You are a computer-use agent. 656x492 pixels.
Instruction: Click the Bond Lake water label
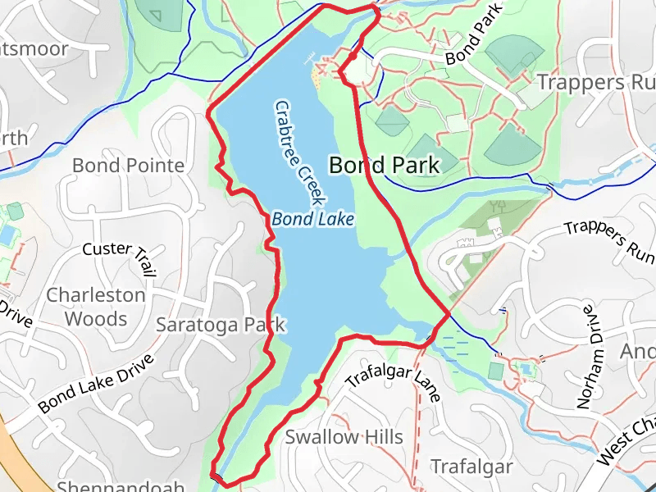pos(313,219)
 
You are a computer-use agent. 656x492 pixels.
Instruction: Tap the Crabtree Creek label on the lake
pos(300,153)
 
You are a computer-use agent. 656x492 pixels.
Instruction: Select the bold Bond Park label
pos(384,164)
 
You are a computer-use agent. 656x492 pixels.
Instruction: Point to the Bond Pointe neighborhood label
pos(128,166)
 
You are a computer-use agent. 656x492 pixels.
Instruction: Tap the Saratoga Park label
pos(221,325)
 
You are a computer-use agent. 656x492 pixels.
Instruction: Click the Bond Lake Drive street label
pos(96,383)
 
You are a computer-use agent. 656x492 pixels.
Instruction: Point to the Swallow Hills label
pos(344,436)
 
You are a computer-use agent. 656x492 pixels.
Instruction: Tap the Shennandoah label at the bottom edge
pos(121,486)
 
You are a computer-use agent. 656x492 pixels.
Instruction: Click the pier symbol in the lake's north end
pos(311,57)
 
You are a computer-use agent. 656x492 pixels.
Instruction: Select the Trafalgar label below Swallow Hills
pos(471,467)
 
